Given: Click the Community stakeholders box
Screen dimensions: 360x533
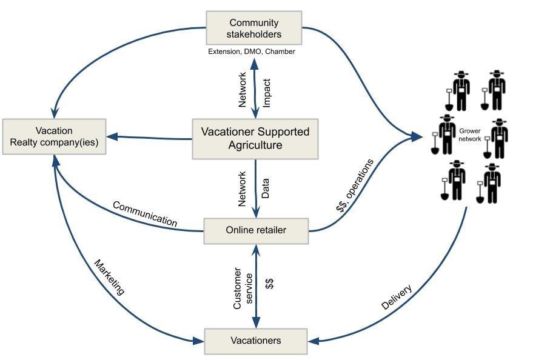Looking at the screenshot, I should [x=253, y=28].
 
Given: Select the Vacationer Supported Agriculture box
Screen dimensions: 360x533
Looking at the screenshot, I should [x=255, y=139].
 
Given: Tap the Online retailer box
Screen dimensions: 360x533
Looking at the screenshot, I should [x=256, y=230].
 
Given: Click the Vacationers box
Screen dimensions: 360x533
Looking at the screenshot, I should [x=256, y=341].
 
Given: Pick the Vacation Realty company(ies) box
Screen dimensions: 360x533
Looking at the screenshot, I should [x=54, y=138].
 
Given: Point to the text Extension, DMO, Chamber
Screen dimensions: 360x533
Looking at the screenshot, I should [x=252, y=52].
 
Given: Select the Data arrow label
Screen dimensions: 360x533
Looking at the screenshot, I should [x=265, y=188].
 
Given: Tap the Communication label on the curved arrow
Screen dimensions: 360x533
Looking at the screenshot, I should [x=145, y=214].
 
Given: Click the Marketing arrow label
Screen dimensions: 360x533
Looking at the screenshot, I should [x=109, y=278].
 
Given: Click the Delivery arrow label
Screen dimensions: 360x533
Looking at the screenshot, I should [x=397, y=297].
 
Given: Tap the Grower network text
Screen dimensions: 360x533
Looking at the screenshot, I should [x=470, y=135].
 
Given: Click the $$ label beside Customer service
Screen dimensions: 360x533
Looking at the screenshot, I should [x=270, y=283].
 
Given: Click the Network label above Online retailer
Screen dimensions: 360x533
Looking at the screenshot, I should [x=243, y=188].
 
